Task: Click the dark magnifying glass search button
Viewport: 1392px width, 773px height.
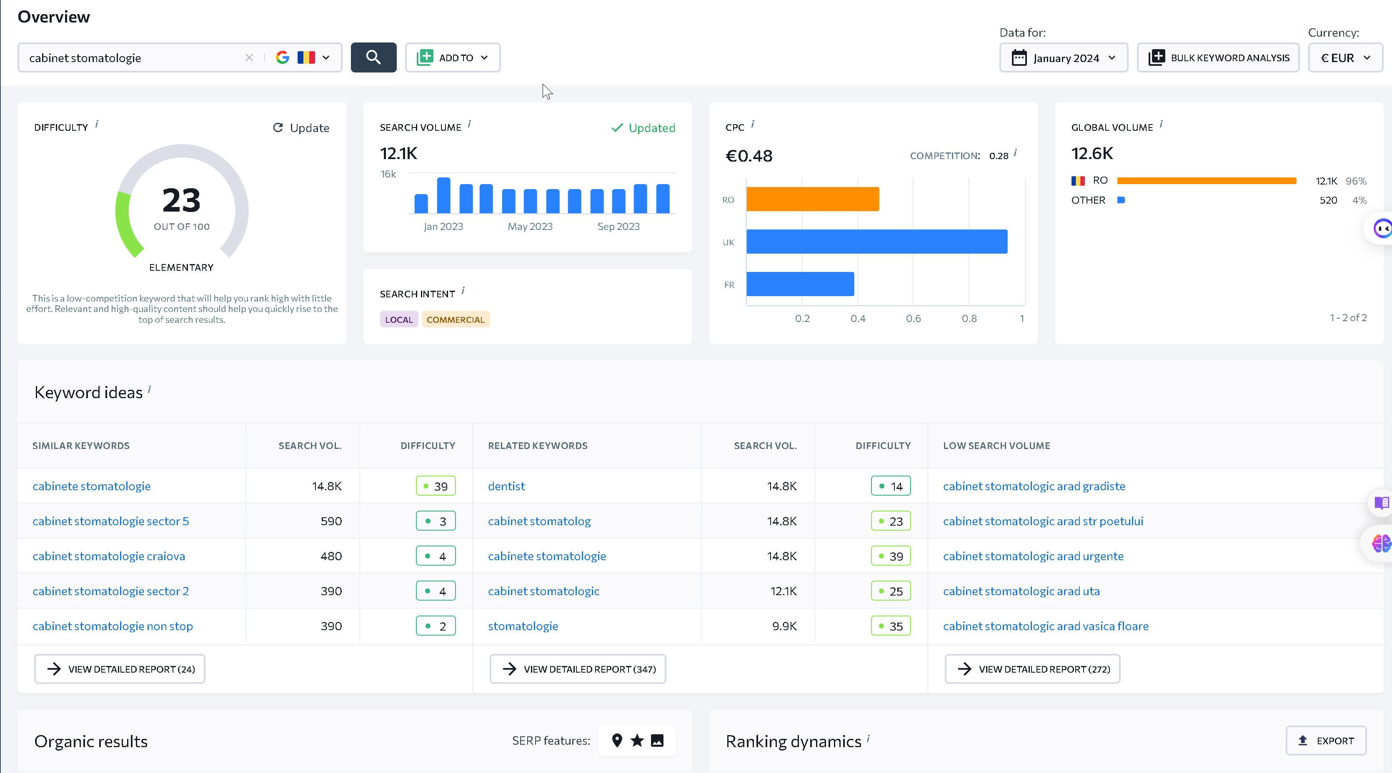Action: click(x=373, y=57)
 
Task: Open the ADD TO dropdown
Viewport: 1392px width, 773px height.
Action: click(x=453, y=57)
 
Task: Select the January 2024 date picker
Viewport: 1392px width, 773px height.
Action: click(x=1064, y=57)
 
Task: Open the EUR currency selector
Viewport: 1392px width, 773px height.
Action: click(x=1345, y=57)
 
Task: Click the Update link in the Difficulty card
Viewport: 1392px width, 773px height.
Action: click(x=301, y=127)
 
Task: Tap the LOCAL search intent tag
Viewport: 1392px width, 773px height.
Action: click(x=399, y=319)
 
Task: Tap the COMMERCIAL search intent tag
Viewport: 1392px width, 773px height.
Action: click(x=456, y=319)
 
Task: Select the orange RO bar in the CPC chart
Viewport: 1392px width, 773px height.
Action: click(x=813, y=199)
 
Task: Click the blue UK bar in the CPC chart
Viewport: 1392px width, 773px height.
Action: click(x=876, y=242)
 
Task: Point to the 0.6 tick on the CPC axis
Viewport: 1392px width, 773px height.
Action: click(x=913, y=318)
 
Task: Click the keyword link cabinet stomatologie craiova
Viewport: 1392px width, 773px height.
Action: click(x=109, y=556)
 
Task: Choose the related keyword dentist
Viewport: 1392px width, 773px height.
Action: click(x=506, y=486)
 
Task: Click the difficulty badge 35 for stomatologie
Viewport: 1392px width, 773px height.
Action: click(x=891, y=626)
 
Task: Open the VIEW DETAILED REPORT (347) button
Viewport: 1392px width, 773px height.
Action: click(x=578, y=669)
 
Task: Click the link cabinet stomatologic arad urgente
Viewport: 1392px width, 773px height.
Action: click(x=1033, y=556)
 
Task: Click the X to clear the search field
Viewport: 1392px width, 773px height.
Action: click(x=249, y=57)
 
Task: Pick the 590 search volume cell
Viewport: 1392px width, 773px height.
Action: click(x=331, y=521)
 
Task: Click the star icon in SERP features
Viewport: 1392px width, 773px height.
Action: click(x=637, y=740)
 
